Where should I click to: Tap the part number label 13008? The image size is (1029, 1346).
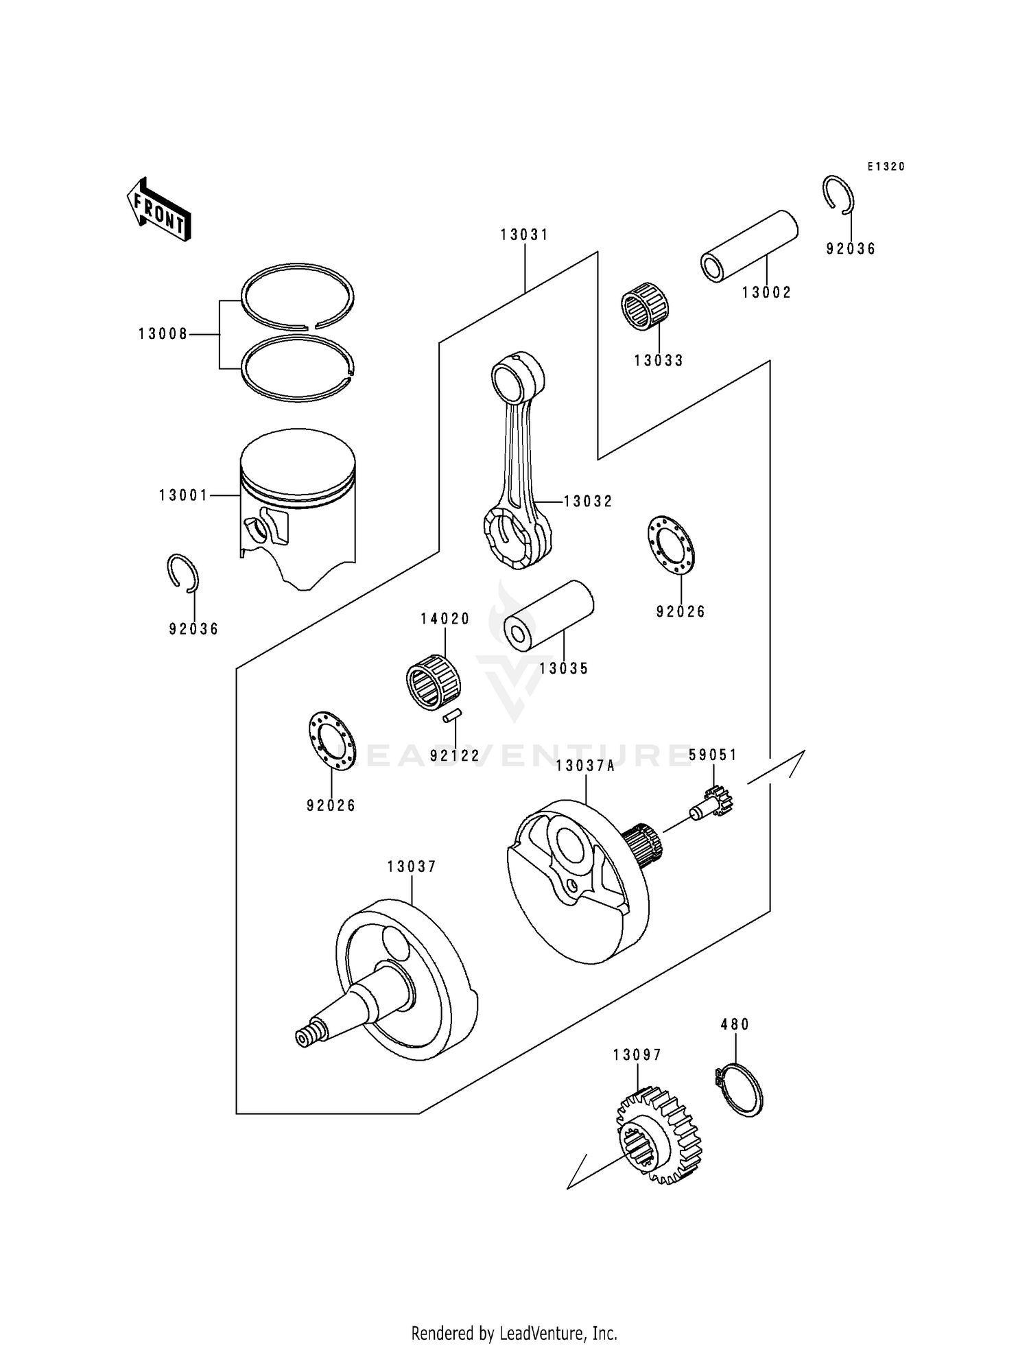tap(163, 334)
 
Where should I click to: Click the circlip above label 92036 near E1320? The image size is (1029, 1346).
tap(838, 193)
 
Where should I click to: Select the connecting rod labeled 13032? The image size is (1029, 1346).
tap(519, 461)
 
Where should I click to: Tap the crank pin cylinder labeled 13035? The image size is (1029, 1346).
tap(548, 612)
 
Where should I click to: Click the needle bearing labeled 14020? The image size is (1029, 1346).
tap(433, 682)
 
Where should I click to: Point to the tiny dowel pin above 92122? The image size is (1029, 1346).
tap(452, 716)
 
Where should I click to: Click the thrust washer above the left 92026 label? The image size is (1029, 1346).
tap(331, 740)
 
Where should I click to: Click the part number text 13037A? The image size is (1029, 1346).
tap(585, 766)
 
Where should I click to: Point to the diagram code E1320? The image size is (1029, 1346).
tap(886, 167)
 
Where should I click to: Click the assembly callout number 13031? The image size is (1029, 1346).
tap(524, 235)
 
